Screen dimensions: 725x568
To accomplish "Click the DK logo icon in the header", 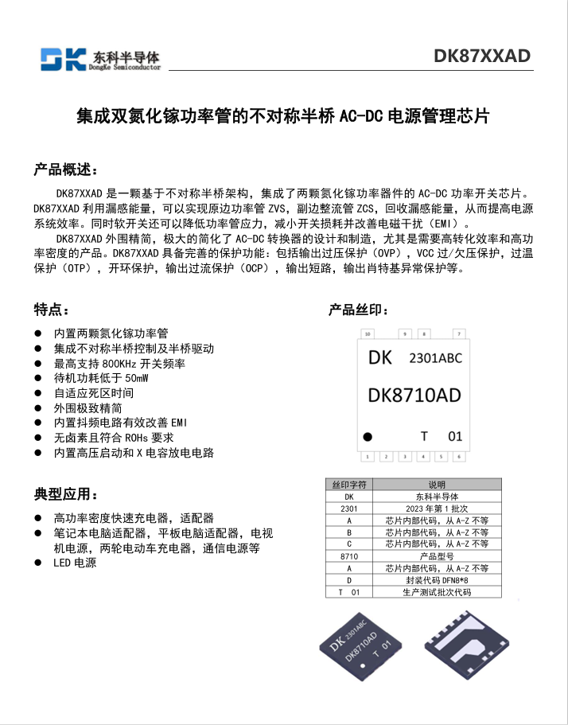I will pyautogui.click(x=63, y=59).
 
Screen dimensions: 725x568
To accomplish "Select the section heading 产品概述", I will pyautogui.click(x=66, y=170).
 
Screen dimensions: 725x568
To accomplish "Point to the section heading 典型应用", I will pyautogui.click(x=66, y=494).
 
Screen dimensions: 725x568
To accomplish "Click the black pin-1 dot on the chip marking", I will pyautogui.click(x=368, y=436).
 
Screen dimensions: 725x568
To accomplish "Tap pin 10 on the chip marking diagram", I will pyautogui.click(x=367, y=333).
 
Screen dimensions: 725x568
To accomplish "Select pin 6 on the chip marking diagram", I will pyautogui.click(x=458, y=457).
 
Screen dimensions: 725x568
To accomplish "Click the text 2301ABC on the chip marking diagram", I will pyautogui.click(x=435, y=358).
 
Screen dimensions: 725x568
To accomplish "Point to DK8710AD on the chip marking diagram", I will pyautogui.click(x=414, y=396).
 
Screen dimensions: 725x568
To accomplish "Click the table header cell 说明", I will pyautogui.click(x=437, y=484).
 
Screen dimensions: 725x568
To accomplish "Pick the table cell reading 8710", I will pyautogui.click(x=349, y=556).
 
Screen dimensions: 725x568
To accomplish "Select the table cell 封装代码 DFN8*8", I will pyautogui.click(x=437, y=580).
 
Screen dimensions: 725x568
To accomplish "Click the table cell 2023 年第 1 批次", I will pyautogui.click(x=437, y=508).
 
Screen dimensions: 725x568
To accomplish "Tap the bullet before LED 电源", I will pyautogui.click(x=37, y=563).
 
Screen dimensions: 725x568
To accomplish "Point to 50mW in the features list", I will pyautogui.click(x=136, y=378).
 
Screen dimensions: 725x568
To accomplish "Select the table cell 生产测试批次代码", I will pyautogui.click(x=437, y=592).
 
